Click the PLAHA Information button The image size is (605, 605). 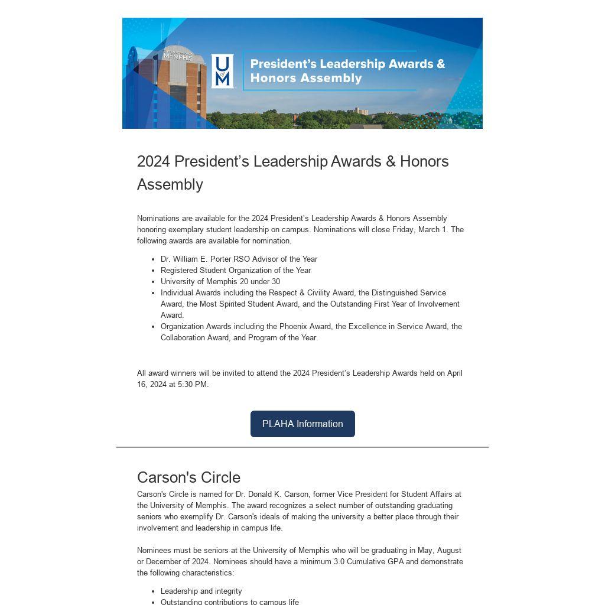point(302,424)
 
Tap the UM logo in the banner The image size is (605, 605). point(222,71)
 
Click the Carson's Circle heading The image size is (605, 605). point(188,477)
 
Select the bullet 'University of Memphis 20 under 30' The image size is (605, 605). point(220,282)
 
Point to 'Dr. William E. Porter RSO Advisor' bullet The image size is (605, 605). point(239,259)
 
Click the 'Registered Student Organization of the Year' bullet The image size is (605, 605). point(236,271)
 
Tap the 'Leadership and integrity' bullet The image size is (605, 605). point(201,591)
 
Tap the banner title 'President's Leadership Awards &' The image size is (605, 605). point(347,64)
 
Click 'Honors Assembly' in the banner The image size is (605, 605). point(306,78)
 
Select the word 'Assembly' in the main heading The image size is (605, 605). point(170,184)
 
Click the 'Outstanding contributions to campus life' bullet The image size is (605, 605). point(230,601)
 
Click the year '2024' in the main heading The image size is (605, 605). point(154,161)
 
